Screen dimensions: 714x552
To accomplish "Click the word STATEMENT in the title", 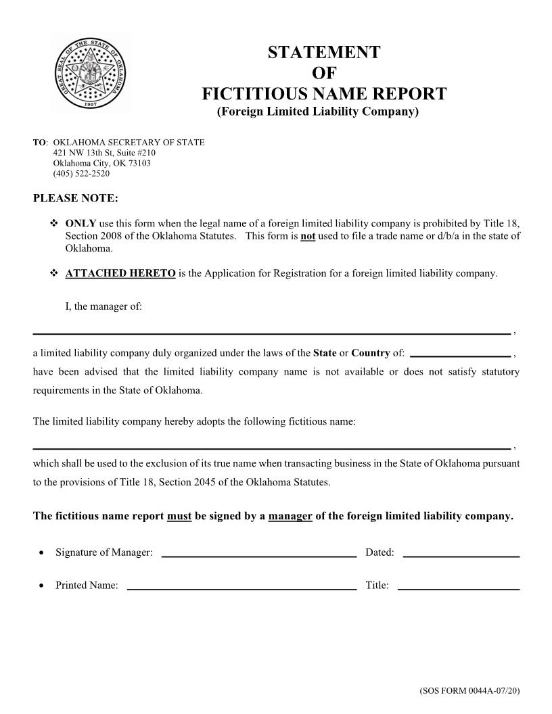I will pyautogui.click(x=323, y=52).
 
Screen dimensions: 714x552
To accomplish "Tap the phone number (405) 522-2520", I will pyautogui.click(x=81, y=174).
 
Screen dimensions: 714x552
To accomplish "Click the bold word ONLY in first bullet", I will pyautogui.click(x=80, y=223).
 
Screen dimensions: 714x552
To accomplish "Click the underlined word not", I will pyautogui.click(x=308, y=236).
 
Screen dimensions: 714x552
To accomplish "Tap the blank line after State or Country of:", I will pyautogui.click(x=460, y=354).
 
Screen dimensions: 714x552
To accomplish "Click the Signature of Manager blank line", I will pyautogui.click(x=259, y=554).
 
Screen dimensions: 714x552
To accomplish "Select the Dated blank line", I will pyautogui.click(x=461, y=554).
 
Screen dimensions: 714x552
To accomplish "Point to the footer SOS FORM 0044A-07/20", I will pyautogui.click(x=469, y=692).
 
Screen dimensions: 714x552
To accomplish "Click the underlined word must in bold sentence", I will pyautogui.click(x=179, y=517).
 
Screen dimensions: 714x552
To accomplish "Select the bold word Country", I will pyautogui.click(x=370, y=353).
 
